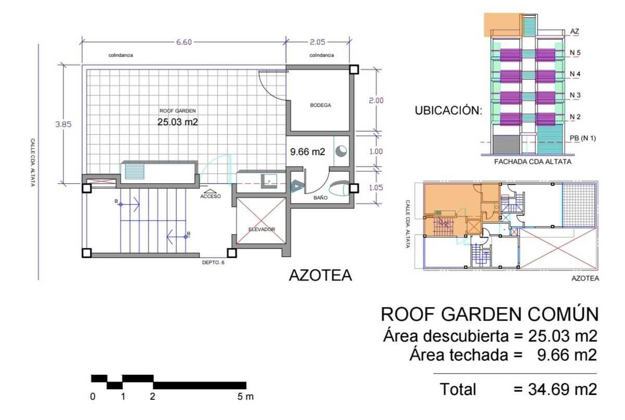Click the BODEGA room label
pyautogui.click(x=321, y=105)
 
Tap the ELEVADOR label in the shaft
pyautogui.click(x=261, y=229)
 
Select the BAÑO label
pyautogui.click(x=320, y=197)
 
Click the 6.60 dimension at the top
pyautogui.click(x=184, y=42)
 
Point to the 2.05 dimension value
pyautogui.click(x=318, y=42)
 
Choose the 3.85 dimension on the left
pyautogui.click(x=64, y=124)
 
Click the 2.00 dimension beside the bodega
pyautogui.click(x=376, y=100)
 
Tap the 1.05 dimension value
pyautogui.click(x=376, y=187)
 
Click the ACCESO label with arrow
pyautogui.click(x=210, y=194)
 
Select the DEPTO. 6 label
pyautogui.click(x=213, y=262)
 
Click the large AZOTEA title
pyautogui.click(x=320, y=275)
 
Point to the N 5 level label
pyautogui.click(x=575, y=53)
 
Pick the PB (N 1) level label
pyautogui.click(x=583, y=138)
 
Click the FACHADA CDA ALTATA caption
pyautogui.click(x=533, y=162)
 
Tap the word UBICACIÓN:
pyautogui.click(x=448, y=110)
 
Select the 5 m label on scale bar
pyautogui.click(x=245, y=397)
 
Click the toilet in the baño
pyautogui.click(x=339, y=188)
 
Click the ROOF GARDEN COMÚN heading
pyautogui.click(x=490, y=314)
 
